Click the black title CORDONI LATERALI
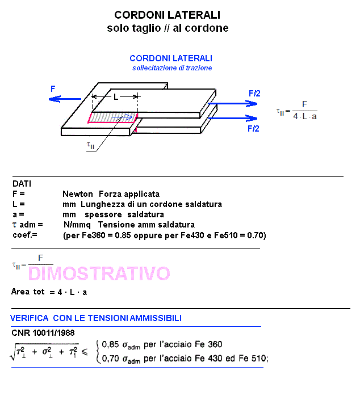point(168,15)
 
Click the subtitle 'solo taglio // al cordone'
point(168,28)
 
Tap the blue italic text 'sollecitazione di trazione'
point(172,68)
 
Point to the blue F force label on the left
point(53,89)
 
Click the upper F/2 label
point(254,93)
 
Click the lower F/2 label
point(253,129)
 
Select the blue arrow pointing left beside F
point(64,99)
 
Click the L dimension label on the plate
point(115,97)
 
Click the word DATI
point(22,184)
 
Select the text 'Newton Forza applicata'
point(111,194)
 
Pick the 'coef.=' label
point(24,235)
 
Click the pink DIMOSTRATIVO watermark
point(99,274)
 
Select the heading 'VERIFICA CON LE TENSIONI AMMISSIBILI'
point(96,318)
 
